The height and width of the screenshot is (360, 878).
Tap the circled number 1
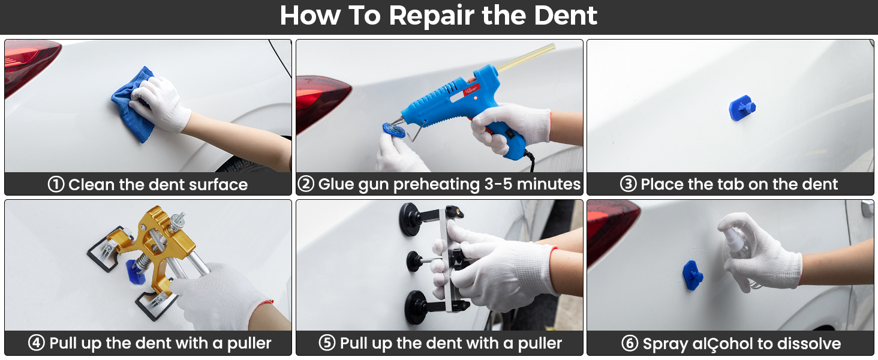click(x=56, y=184)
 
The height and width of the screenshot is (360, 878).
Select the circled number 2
click(x=306, y=184)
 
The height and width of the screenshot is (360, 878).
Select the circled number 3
click(x=628, y=184)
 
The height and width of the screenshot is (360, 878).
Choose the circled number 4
click(x=37, y=344)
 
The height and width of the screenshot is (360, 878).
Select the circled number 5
click(x=327, y=344)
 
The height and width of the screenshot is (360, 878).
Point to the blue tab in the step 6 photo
click(x=692, y=274)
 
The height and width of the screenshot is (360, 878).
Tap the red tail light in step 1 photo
click(x=27, y=63)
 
